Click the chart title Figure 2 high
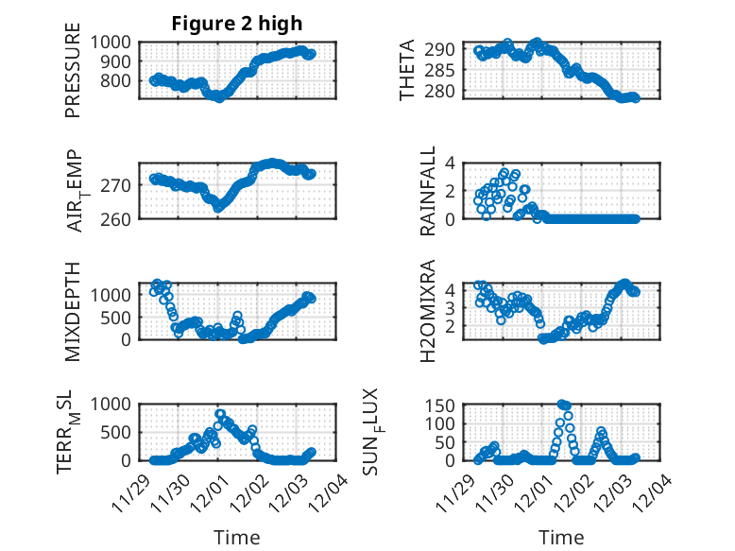236,24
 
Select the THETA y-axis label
408,70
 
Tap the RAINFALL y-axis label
428,192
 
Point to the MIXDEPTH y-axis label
73,311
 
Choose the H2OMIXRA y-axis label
428,311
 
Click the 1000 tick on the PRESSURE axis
115,42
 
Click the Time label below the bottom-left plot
237,538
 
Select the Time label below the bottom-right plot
561,538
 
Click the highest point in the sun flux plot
562,405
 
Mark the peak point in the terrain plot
220,414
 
